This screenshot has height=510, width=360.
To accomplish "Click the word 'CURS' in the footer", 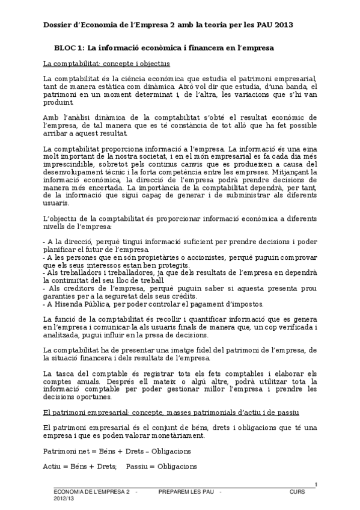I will click(297, 492).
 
